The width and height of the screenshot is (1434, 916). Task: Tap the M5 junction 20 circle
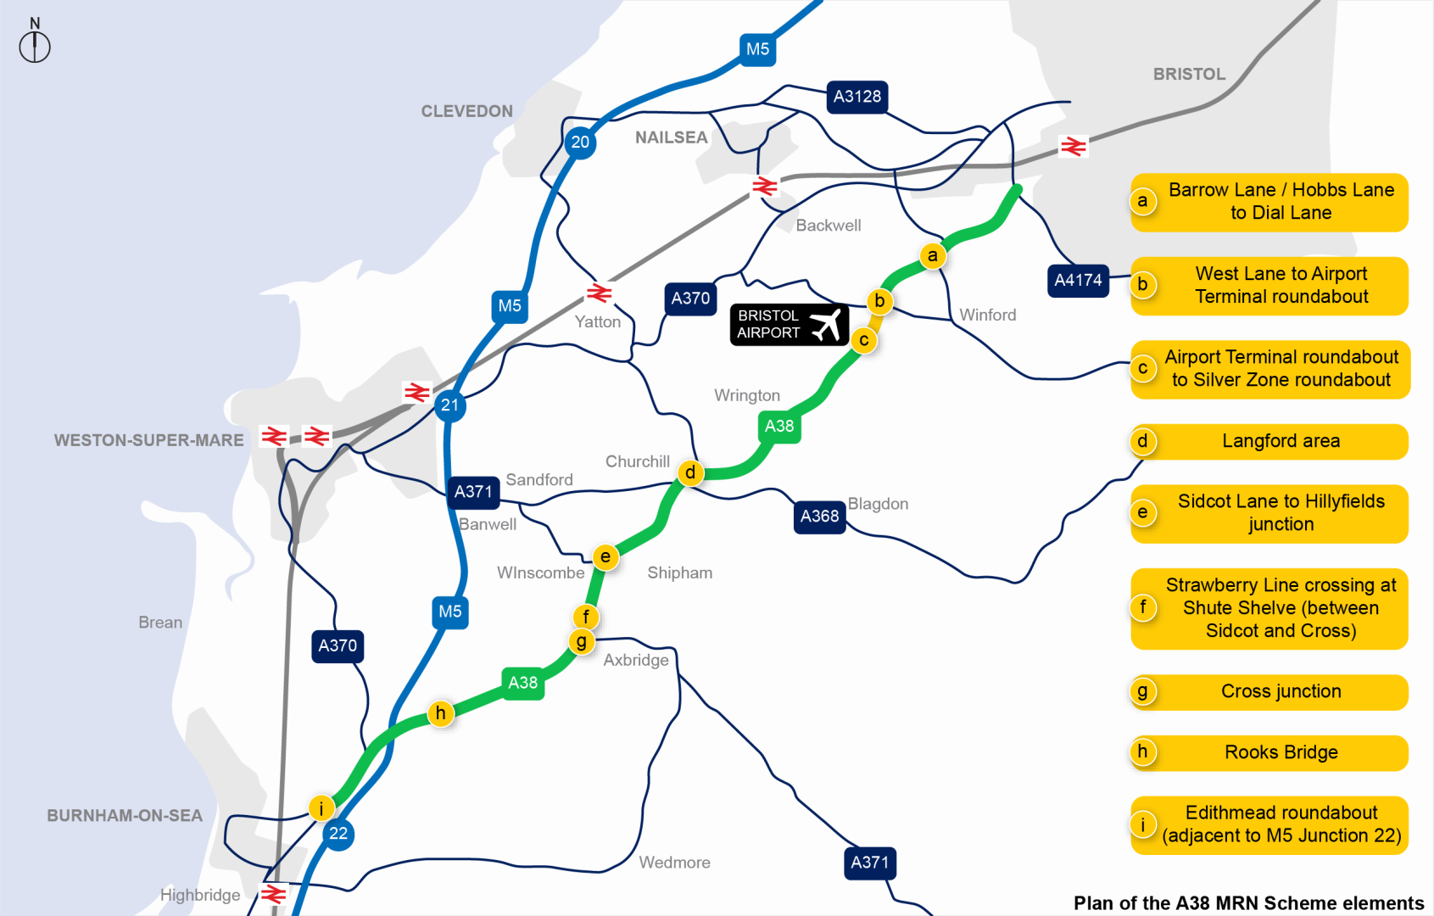click(x=580, y=142)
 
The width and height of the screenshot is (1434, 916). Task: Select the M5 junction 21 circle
click(x=449, y=405)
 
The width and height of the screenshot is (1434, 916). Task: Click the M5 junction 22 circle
click(x=338, y=834)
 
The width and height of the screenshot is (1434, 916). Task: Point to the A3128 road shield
click(x=857, y=97)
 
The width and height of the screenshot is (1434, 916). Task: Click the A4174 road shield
click(x=1078, y=280)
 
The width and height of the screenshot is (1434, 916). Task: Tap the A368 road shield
click(x=819, y=516)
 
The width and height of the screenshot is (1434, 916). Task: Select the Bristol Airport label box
click(x=789, y=324)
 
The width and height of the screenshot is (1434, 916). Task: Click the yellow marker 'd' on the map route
click(x=690, y=472)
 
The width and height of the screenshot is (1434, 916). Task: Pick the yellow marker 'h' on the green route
click(x=440, y=713)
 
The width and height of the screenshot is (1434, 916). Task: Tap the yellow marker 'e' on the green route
click(x=605, y=557)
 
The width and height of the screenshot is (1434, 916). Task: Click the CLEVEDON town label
click(x=466, y=111)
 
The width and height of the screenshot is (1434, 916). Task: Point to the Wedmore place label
click(x=674, y=863)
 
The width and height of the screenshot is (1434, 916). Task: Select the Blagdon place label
click(x=878, y=504)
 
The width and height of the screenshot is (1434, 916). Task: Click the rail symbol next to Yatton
click(x=599, y=293)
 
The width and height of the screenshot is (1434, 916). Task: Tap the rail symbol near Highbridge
click(x=273, y=894)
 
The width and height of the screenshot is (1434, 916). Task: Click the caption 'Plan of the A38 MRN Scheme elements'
click(x=1248, y=903)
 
